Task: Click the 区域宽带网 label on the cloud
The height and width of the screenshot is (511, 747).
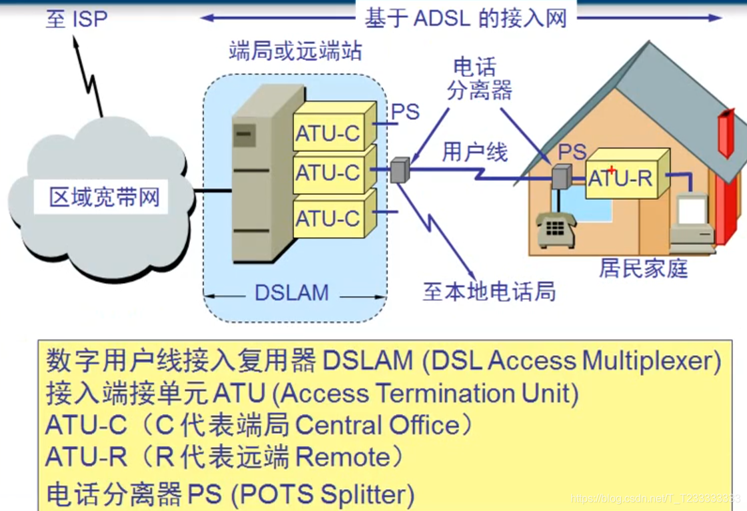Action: click(105, 197)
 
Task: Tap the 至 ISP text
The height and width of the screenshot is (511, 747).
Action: click(76, 19)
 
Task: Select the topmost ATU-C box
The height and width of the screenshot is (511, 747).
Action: click(329, 133)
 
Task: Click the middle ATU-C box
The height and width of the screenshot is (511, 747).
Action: click(329, 173)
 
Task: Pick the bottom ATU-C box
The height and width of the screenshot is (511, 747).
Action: click(329, 218)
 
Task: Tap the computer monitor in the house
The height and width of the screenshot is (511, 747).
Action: click(691, 212)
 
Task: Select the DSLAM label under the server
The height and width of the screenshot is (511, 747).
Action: click(292, 292)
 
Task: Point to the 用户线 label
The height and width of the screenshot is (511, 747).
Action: click(474, 153)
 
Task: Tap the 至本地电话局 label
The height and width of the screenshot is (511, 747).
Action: click(489, 291)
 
